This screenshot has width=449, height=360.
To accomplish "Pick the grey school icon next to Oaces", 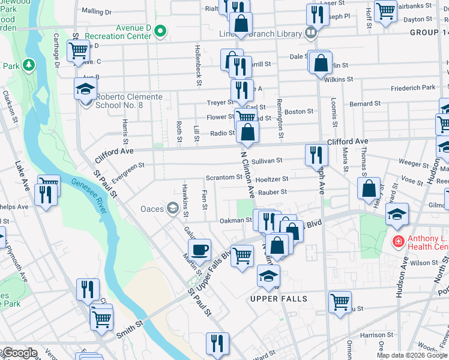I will point(173,208).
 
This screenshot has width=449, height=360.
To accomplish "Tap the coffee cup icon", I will point(199,248).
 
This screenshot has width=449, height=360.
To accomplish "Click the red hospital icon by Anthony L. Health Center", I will point(397,242).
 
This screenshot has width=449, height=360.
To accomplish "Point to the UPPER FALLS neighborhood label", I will point(279,299).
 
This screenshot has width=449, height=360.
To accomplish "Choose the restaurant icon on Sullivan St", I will point(316,155).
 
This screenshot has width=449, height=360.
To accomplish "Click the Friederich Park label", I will point(412,88).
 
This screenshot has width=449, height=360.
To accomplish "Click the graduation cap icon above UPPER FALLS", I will point(268,275).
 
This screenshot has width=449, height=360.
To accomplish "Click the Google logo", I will point(19,353).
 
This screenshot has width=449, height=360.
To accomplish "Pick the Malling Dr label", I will point(96,11).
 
